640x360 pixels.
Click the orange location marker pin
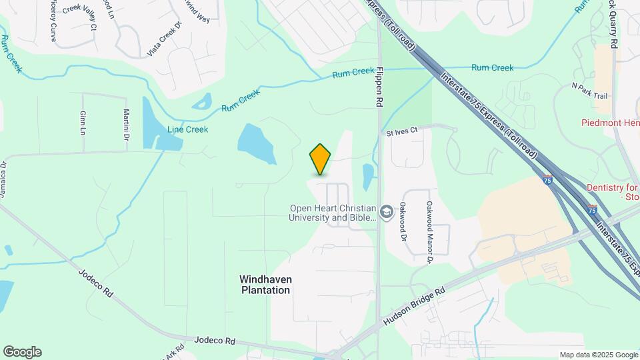321,159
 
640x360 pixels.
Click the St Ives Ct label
402,132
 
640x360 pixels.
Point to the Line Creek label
188,129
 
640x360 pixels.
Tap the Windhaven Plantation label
265,285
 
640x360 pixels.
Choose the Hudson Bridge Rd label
413,307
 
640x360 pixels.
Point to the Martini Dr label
125,125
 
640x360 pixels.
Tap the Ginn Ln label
82,122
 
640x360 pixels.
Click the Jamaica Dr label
3,179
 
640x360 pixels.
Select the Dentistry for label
613,189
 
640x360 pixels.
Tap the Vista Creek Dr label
164,39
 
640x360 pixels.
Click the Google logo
22,352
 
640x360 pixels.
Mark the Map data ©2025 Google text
599,355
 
